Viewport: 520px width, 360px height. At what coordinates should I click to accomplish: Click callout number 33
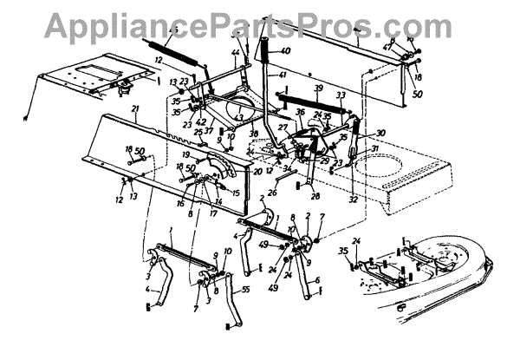[341, 95]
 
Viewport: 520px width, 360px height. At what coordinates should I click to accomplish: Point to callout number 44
[234, 54]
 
